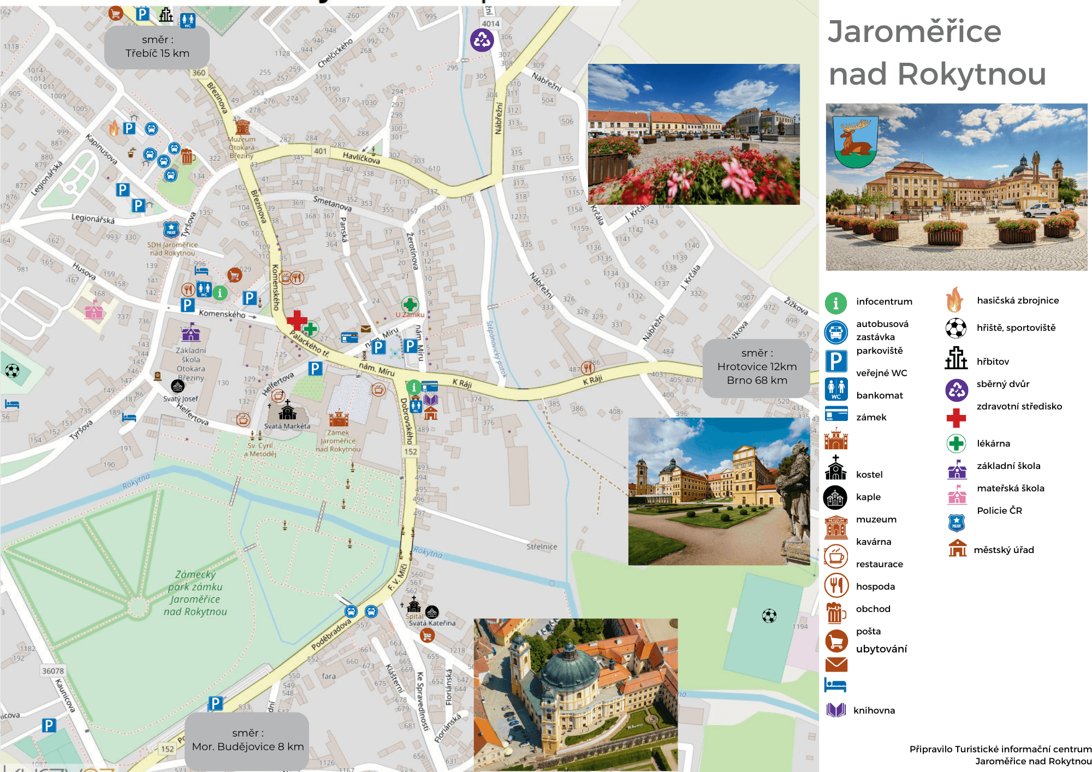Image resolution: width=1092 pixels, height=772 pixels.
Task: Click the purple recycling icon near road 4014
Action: point(482,40)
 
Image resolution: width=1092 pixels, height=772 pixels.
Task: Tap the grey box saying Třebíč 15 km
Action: point(157,47)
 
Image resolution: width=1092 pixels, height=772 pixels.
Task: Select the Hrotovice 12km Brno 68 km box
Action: point(757,367)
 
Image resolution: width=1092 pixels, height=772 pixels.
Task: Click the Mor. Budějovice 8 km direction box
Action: point(247,740)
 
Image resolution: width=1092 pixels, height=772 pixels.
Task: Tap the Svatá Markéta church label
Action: point(287,426)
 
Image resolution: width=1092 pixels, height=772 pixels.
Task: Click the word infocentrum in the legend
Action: point(884,301)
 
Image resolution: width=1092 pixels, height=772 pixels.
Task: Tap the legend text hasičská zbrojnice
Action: point(1018,300)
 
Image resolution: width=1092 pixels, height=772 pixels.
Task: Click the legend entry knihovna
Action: point(874,710)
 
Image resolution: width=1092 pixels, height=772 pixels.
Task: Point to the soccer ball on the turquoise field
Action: point(769,616)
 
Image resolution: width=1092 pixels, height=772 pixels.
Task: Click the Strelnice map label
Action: point(542,547)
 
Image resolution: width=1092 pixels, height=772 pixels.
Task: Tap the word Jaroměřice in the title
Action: point(915,32)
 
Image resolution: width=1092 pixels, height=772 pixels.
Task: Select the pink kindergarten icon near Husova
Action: point(94,311)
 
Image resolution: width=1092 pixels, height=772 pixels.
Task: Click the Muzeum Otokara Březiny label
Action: point(241,147)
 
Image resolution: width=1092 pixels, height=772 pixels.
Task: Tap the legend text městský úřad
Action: point(1004,550)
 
